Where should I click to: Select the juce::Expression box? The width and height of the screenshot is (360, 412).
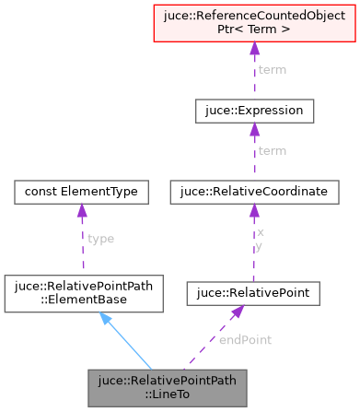click(254, 112)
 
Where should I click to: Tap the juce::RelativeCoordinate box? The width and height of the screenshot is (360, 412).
click(254, 191)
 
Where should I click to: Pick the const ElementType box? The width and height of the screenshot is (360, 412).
click(82, 191)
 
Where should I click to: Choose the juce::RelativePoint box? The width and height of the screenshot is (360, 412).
click(254, 294)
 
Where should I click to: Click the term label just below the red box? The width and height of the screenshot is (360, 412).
click(272, 70)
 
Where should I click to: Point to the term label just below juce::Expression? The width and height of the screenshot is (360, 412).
click(272, 150)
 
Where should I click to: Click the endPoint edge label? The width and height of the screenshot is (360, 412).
click(244, 339)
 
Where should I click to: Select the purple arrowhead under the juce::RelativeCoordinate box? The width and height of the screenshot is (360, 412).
click(254, 213)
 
